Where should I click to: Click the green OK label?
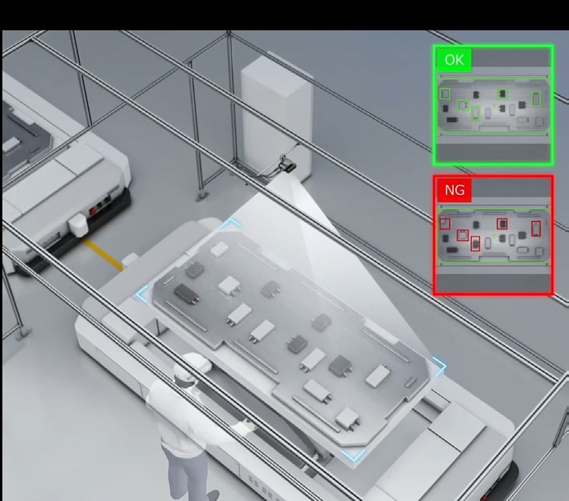pos(454,60)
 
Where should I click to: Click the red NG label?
pos(454,190)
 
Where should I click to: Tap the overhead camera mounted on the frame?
pos(287,166)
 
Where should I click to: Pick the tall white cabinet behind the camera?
pos(277,116)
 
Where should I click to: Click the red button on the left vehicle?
pos(94,210)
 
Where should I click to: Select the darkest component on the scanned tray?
pos(186,293)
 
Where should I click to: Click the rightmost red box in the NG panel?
pos(536,229)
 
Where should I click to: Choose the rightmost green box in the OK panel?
pos(536,98)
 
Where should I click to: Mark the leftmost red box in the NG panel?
pos(444,223)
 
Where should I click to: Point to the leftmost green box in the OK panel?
pos(444,94)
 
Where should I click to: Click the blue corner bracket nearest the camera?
pos(231,222)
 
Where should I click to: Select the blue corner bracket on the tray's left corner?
pos(142,293)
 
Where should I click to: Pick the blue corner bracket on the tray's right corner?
pos(440,367)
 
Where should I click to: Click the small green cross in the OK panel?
pos(494,105)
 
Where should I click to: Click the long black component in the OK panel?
pos(452,119)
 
